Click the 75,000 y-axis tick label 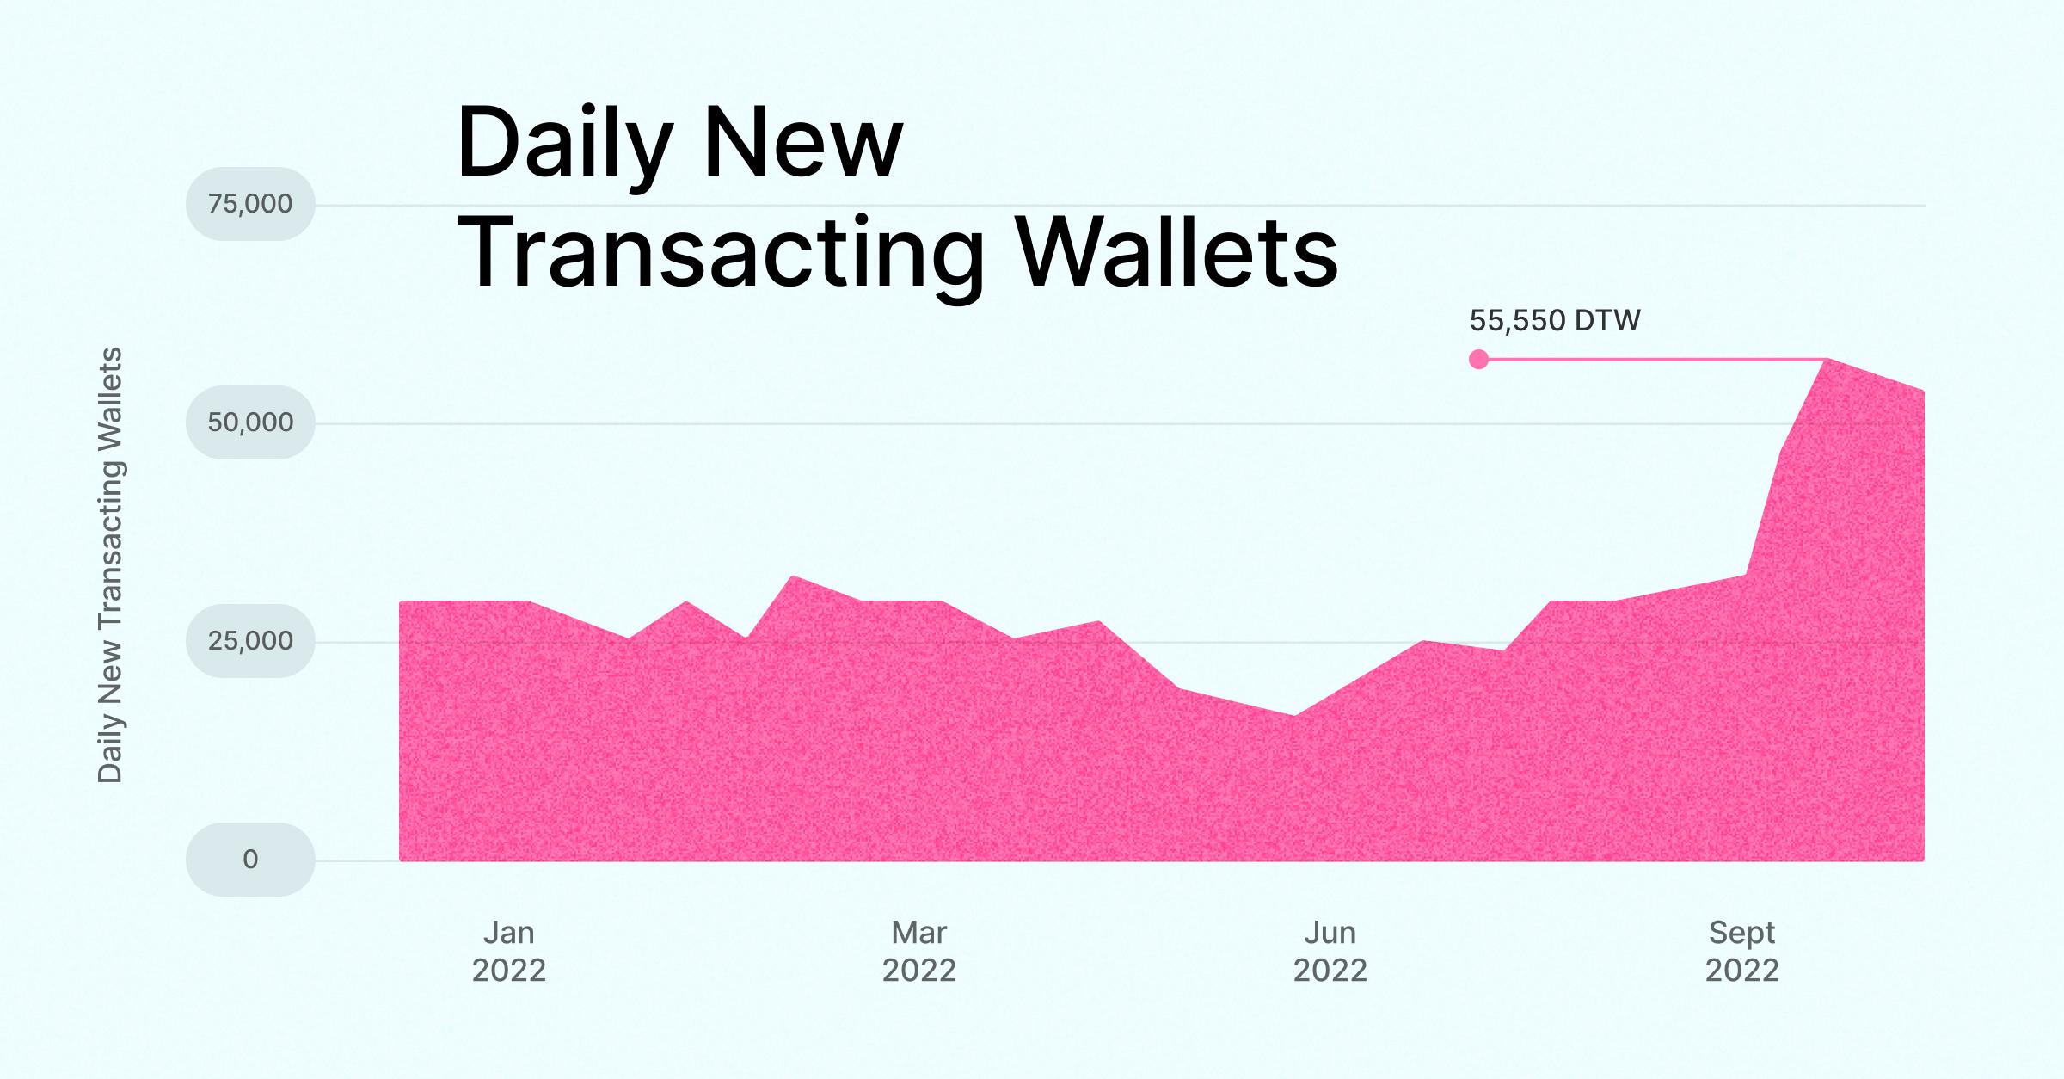click(x=250, y=204)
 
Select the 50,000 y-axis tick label click(x=250, y=422)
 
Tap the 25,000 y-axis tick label click(x=250, y=641)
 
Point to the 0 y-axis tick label click(x=250, y=860)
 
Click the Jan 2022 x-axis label click(x=509, y=952)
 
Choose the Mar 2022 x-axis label click(x=919, y=952)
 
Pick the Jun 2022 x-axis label click(x=1330, y=952)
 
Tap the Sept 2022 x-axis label click(x=1741, y=952)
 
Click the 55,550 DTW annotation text click(x=1555, y=321)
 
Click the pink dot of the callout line click(x=1478, y=360)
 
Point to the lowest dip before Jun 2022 click(x=1294, y=717)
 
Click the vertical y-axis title click(x=110, y=565)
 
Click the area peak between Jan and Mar click(x=793, y=578)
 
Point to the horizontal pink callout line click(x=1651, y=359)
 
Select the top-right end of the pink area click(x=1922, y=392)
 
